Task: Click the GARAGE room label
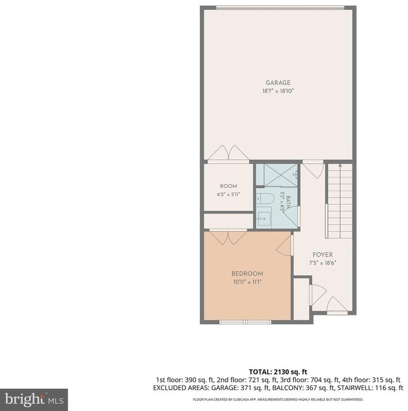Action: (x=278, y=83)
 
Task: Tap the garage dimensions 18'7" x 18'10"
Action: (x=278, y=91)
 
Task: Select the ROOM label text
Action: (x=229, y=186)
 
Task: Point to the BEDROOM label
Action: (x=247, y=274)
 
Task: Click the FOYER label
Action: (x=323, y=255)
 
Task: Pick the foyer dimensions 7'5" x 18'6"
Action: (x=322, y=263)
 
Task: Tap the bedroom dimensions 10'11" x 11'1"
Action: (x=248, y=282)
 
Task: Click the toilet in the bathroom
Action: (x=265, y=199)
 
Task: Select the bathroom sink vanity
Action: (x=264, y=217)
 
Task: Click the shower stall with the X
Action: (x=280, y=175)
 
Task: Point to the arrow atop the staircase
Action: (x=340, y=166)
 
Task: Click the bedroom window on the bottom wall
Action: (x=245, y=322)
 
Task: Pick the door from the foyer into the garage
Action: (x=313, y=169)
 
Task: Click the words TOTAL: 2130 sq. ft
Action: (x=278, y=372)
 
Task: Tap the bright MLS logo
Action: (x=34, y=399)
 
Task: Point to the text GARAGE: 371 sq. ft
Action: (x=240, y=388)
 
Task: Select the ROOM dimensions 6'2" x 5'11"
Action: (x=229, y=194)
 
